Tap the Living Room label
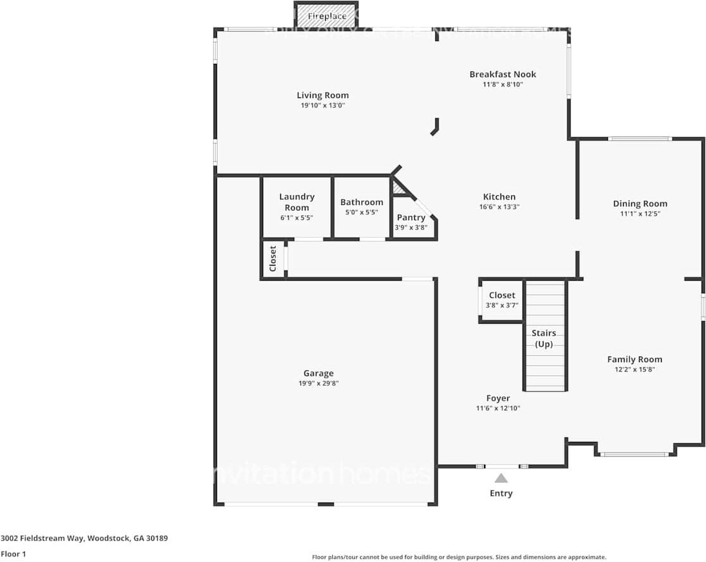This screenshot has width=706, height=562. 323,95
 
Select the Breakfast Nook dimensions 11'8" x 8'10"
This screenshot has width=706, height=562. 502,84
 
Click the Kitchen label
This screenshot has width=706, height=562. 499,197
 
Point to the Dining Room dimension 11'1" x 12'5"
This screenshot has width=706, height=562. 640,214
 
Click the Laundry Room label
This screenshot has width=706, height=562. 297,202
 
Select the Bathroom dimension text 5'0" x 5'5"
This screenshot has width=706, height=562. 361,212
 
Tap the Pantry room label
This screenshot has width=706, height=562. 411,217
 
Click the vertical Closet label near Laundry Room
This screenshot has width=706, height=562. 273,259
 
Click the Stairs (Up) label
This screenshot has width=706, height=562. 544,338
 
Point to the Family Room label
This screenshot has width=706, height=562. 635,359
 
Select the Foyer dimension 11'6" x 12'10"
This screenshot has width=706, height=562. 498,408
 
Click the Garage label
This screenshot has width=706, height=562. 318,373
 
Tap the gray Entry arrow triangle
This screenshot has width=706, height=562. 501,479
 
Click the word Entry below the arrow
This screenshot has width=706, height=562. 501,493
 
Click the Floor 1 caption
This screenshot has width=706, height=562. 13,554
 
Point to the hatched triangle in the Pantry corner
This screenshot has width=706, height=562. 398,187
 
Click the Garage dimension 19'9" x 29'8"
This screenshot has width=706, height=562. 318,383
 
